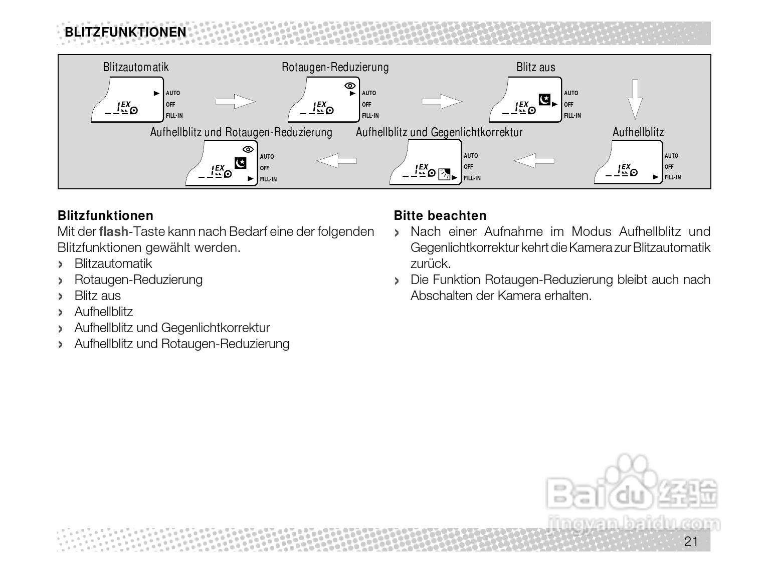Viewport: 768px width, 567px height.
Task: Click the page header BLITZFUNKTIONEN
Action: [125, 33]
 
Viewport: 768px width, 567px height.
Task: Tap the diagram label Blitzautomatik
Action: [136, 67]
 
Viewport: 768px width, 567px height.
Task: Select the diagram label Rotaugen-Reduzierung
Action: [335, 67]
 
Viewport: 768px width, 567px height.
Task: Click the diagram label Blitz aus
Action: [535, 67]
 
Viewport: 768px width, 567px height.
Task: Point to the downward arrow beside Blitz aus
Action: [635, 99]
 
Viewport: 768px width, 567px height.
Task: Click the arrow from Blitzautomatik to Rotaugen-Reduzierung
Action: [235, 102]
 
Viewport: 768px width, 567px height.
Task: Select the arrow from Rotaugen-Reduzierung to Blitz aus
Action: [442, 102]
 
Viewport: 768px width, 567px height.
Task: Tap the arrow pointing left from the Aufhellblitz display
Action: [534, 161]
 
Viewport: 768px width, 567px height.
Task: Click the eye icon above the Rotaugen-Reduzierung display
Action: [350, 86]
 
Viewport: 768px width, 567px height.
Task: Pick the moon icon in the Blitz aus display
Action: [544, 99]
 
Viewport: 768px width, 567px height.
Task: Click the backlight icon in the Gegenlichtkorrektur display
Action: [444, 174]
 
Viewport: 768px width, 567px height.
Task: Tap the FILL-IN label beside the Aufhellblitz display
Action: [673, 177]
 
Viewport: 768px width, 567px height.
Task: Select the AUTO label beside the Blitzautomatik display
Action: [173, 93]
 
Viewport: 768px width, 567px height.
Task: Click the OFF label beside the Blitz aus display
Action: [568, 105]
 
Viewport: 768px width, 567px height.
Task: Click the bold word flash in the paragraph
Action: [114, 231]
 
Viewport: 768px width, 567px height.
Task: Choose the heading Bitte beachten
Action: [440, 216]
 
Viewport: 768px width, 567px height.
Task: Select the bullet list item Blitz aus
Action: [98, 296]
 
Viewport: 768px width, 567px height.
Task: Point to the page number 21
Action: [691, 541]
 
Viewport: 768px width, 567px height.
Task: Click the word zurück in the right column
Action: [430, 263]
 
